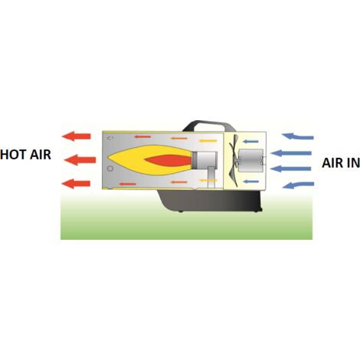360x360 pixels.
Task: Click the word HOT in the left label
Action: pos(14,155)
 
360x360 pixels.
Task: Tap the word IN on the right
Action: pos(352,163)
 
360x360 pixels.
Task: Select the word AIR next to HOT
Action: pos(41,155)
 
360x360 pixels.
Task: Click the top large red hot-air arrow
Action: pos(77,136)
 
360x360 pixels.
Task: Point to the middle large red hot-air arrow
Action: pos(80,160)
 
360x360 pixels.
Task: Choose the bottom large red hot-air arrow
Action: pos(76,184)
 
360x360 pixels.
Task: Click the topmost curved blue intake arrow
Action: pos(298,136)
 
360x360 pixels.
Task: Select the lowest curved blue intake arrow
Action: pos(298,185)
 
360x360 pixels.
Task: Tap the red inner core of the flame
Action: pos(169,160)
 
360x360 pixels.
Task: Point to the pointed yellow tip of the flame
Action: pos(108,157)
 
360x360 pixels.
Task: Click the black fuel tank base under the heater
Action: pos(209,201)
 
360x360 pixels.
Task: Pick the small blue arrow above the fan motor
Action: pos(250,142)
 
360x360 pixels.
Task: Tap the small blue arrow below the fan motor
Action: pos(250,182)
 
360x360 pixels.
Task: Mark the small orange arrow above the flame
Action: pos(179,139)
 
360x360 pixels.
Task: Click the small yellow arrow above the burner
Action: pos(208,141)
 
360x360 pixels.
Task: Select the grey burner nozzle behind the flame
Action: pos(205,160)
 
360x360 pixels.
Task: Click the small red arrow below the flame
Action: pos(127,184)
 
